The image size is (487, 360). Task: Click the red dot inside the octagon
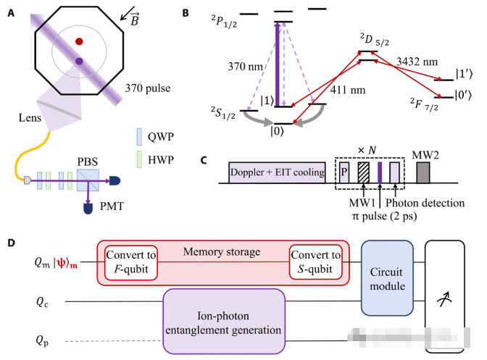(78, 42)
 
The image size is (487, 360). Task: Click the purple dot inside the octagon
(78, 61)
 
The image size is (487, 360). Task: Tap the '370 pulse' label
(149, 88)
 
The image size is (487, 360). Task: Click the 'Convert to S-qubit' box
(315, 264)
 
